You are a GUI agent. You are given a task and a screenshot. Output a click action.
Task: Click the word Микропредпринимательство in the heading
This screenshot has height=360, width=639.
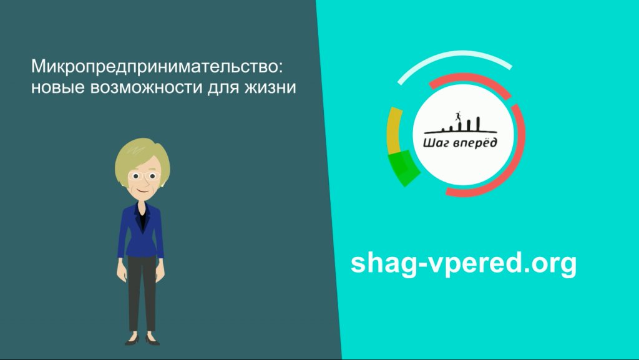tap(154, 67)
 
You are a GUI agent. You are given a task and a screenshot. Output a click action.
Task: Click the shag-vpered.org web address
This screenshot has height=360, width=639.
tap(464, 263)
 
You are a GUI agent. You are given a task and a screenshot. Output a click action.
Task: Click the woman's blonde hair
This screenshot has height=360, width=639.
tap(141, 155)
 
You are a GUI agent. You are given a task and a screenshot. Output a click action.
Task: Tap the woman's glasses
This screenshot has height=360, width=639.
tap(145, 176)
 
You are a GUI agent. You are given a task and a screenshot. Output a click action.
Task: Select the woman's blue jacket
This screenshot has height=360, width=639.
tap(140, 231)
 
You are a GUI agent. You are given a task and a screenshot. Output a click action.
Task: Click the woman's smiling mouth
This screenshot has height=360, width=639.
tap(143, 190)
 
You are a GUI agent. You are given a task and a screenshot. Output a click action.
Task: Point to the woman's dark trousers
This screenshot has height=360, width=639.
tap(142, 293)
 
